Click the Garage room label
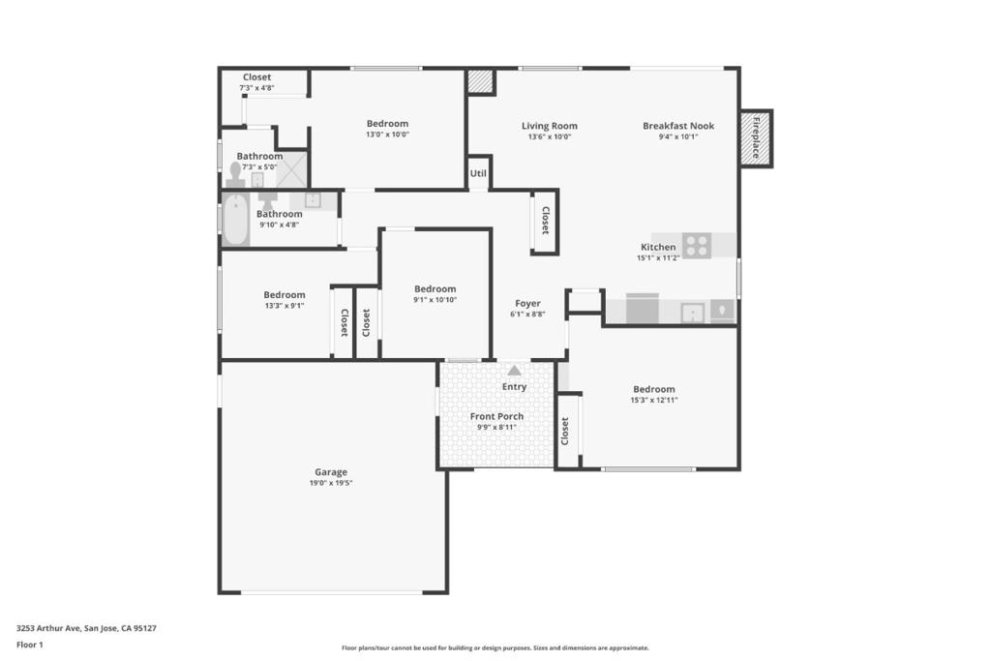[330, 472]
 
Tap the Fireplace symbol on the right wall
[755, 137]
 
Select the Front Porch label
[496, 416]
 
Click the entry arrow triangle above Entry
[514, 371]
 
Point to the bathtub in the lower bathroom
[236, 220]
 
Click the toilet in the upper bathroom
[235, 174]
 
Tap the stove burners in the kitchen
[697, 245]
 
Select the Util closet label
[478, 174]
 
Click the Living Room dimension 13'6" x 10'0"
[549, 137]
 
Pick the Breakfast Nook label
[678, 126]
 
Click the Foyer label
[527, 303]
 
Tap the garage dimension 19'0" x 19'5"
[330, 483]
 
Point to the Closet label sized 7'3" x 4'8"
[256, 77]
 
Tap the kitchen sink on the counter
[692, 312]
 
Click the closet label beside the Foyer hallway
[545, 221]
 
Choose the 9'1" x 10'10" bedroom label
[435, 288]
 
